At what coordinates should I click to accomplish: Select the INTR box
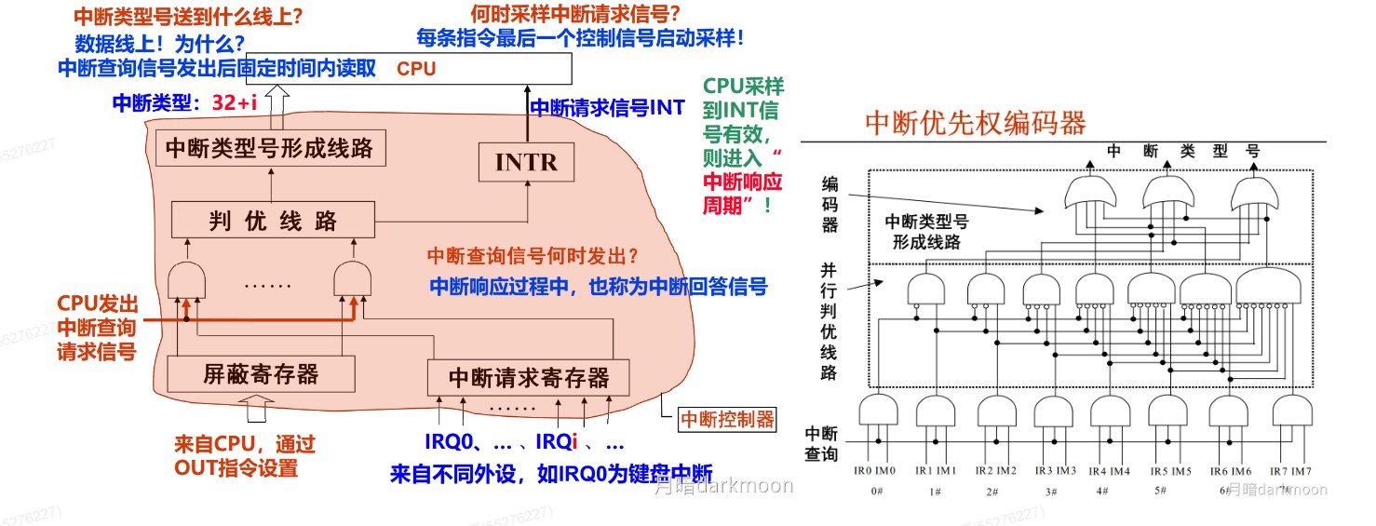point(526,162)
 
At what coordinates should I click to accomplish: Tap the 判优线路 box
point(272,221)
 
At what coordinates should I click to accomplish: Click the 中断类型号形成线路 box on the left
point(270,147)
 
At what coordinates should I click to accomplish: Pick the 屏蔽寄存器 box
point(261,374)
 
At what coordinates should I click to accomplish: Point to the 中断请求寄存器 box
point(528,378)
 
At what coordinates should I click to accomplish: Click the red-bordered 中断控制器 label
point(726,419)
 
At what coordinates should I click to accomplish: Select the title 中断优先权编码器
point(976,123)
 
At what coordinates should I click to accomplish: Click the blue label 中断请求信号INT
point(607,108)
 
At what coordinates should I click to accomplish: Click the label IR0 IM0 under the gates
point(874,470)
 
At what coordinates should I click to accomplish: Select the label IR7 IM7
point(1289,470)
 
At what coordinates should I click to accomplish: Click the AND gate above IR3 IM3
point(1052,411)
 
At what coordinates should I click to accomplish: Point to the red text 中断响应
point(742,182)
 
